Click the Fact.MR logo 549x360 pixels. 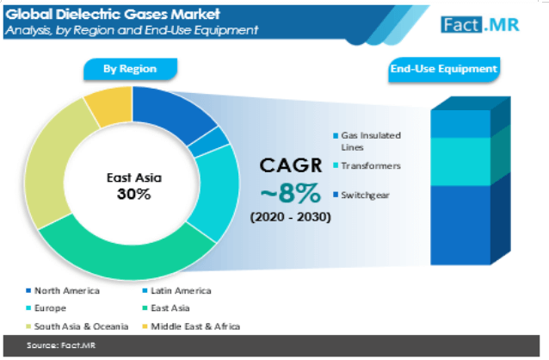[480, 25]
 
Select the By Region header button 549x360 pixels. [130, 69]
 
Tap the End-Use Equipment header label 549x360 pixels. [444, 69]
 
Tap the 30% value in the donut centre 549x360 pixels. [133, 194]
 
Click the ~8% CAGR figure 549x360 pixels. [291, 193]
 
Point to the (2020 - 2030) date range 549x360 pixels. [290, 217]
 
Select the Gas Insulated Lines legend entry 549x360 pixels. [367, 141]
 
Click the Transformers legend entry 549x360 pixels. [367, 165]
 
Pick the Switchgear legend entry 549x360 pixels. [361, 196]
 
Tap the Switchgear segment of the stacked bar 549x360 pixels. [460, 225]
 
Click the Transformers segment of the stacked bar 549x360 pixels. [460, 162]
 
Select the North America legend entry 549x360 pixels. [63, 290]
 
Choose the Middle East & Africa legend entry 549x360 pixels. [191, 326]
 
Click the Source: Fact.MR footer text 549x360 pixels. [61, 345]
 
